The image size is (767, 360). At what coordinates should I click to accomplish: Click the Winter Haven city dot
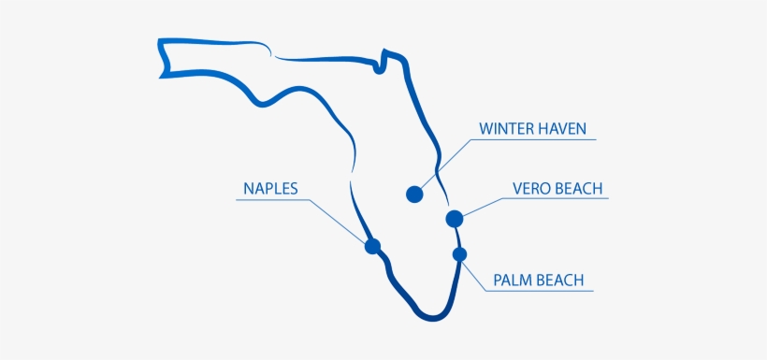414,194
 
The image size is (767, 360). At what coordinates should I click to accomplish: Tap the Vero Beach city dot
455,219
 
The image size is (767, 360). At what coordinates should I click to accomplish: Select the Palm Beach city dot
459,253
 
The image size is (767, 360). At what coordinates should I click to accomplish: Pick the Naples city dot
372,247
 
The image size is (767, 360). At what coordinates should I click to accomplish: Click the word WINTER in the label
509,128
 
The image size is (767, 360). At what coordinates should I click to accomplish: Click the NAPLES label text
270,188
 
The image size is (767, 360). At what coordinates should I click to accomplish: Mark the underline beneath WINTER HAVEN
533,141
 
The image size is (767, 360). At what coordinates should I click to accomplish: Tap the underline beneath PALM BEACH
538,291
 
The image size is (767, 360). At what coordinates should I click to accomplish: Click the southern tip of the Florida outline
432,318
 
